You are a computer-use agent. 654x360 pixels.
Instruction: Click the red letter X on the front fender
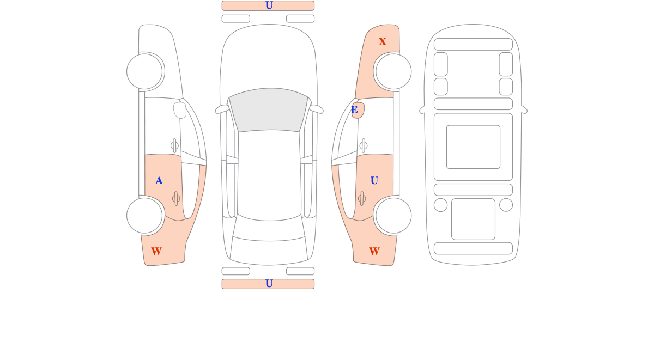383,42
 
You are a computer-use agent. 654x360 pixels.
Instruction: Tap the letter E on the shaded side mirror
354,110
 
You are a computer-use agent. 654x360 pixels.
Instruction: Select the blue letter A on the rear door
159,181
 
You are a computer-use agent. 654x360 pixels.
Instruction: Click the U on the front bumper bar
269,5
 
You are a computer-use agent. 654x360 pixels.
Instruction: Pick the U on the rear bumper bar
269,284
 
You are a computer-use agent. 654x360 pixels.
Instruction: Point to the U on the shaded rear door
374,181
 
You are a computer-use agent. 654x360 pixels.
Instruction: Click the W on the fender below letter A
156,252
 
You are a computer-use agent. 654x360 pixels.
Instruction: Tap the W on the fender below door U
374,252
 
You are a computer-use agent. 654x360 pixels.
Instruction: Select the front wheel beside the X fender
393,71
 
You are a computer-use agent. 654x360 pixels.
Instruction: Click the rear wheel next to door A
144,216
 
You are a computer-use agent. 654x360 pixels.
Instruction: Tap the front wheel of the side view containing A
144,71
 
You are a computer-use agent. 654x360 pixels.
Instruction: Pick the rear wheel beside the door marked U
393,216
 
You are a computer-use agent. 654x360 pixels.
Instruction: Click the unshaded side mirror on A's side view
180,109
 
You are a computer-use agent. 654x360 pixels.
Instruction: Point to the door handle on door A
176,199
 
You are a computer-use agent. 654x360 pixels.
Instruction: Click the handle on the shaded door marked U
362,199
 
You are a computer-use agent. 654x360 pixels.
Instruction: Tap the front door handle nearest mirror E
364,145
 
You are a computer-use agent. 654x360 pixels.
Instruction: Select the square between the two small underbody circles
473,219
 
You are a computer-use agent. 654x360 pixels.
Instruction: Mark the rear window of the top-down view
269,229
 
